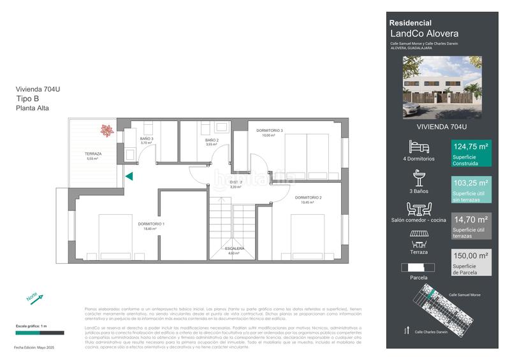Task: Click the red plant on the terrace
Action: (x=106, y=131)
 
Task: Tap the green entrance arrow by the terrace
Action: (x=129, y=176)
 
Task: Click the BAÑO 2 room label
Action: (x=212, y=140)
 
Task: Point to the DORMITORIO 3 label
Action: (x=269, y=131)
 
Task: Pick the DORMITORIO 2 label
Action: (x=308, y=198)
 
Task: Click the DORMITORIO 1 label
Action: (x=151, y=224)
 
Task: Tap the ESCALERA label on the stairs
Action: (x=234, y=248)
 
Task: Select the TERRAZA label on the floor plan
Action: (x=93, y=154)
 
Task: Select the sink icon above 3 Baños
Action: (x=419, y=178)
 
